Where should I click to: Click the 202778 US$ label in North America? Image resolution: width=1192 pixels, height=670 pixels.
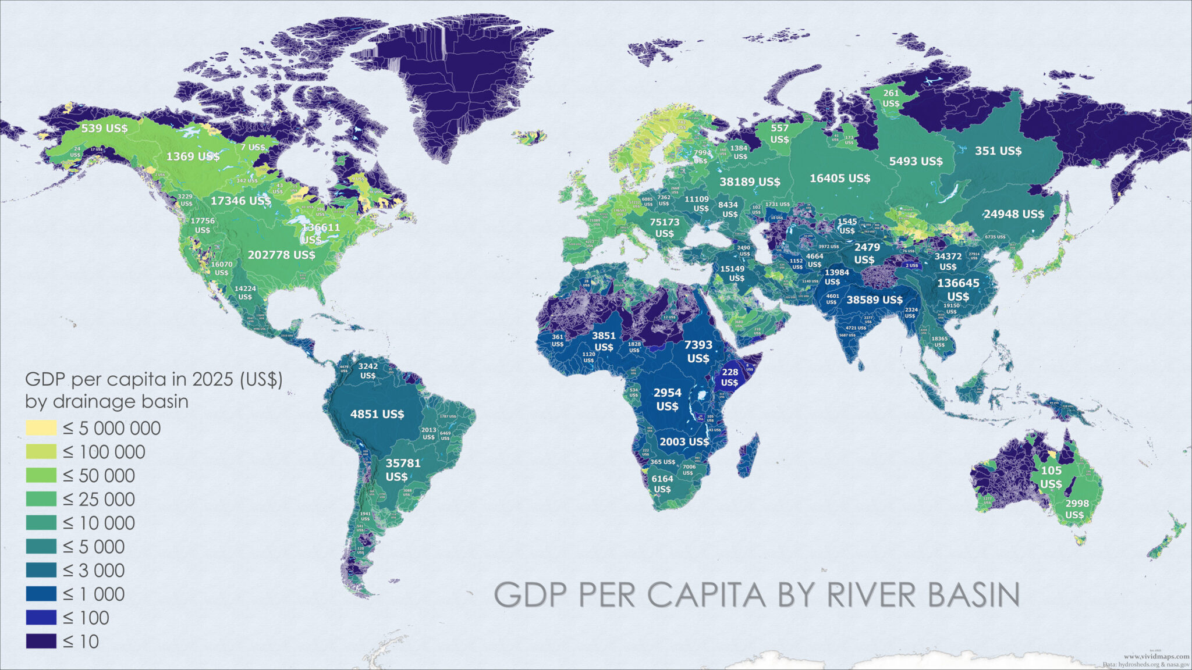pos(281,255)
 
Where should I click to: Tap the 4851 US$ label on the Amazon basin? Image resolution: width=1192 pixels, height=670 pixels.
pos(377,414)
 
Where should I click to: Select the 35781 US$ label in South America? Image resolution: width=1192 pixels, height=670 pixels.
pos(402,469)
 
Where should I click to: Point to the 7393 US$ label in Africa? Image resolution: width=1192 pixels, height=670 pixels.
pos(698,351)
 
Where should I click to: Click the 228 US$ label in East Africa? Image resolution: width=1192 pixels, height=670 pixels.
pos(729,377)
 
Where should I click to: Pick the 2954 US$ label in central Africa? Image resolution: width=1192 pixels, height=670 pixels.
pos(667,399)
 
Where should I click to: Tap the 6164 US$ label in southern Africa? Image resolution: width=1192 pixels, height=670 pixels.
pos(662,483)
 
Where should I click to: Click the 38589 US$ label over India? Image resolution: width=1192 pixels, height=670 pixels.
pos(874,300)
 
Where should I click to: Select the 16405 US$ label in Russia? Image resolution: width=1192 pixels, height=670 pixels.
pos(839,178)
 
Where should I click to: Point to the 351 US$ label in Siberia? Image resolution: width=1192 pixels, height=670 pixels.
pos(998,151)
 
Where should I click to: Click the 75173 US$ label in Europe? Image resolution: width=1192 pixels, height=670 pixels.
pos(664,227)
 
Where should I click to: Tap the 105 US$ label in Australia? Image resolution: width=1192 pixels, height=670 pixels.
pos(1051,477)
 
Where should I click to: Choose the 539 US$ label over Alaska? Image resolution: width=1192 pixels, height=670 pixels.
pos(104,128)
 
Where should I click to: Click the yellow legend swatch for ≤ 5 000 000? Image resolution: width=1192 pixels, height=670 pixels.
pos(41,428)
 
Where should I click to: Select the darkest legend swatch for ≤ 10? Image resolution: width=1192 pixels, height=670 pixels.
pos(41,641)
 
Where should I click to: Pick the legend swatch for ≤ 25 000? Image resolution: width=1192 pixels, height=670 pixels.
pos(41,499)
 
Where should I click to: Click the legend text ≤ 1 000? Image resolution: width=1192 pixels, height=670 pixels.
pos(94,594)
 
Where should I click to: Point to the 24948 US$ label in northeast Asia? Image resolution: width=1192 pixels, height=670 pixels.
pos(1013,214)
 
